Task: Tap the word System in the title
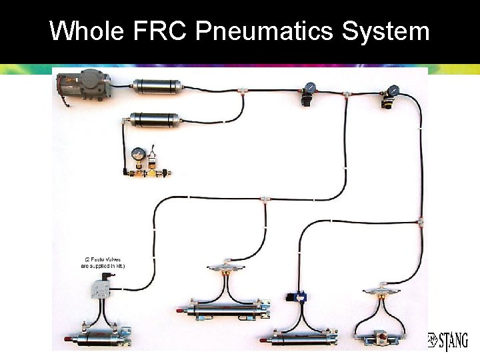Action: [x=386, y=31]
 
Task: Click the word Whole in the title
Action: [x=86, y=31]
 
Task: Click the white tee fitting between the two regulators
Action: [x=346, y=93]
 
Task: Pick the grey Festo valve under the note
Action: [x=102, y=289]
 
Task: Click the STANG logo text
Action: [x=448, y=340]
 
